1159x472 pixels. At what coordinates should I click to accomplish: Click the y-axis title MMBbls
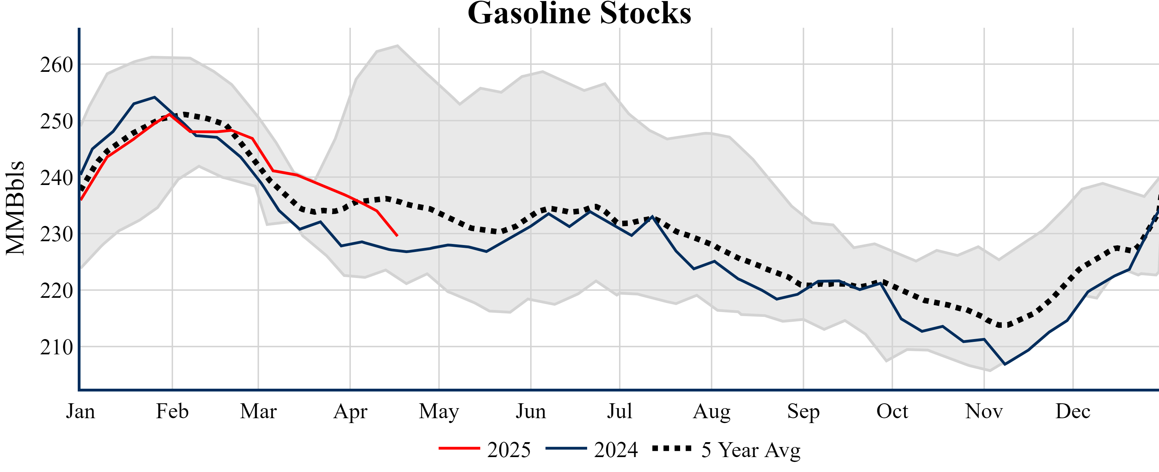(x=15, y=208)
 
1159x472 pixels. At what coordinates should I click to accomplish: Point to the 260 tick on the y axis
(x=57, y=65)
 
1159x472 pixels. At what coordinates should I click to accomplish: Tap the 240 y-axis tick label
(x=57, y=178)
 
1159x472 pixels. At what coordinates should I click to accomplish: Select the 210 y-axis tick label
(x=57, y=347)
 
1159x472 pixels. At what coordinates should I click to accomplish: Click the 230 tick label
(x=57, y=234)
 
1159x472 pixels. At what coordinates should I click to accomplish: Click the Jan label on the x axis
(x=81, y=411)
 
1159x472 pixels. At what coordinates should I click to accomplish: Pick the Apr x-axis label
(x=350, y=411)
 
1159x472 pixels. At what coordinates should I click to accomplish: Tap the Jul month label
(x=619, y=411)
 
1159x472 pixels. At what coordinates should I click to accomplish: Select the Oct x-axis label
(x=892, y=411)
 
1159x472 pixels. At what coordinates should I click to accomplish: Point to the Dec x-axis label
(x=1073, y=411)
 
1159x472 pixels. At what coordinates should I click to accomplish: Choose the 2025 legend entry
(x=485, y=449)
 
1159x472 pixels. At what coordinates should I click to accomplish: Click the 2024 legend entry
(x=592, y=449)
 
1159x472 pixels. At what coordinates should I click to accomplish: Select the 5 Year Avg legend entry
(x=726, y=449)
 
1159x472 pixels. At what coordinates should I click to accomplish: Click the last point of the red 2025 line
(x=397, y=235)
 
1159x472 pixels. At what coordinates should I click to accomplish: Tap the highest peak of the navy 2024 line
(x=154, y=97)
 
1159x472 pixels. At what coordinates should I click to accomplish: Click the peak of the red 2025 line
(x=170, y=114)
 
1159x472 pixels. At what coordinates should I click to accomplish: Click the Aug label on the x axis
(x=711, y=411)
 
